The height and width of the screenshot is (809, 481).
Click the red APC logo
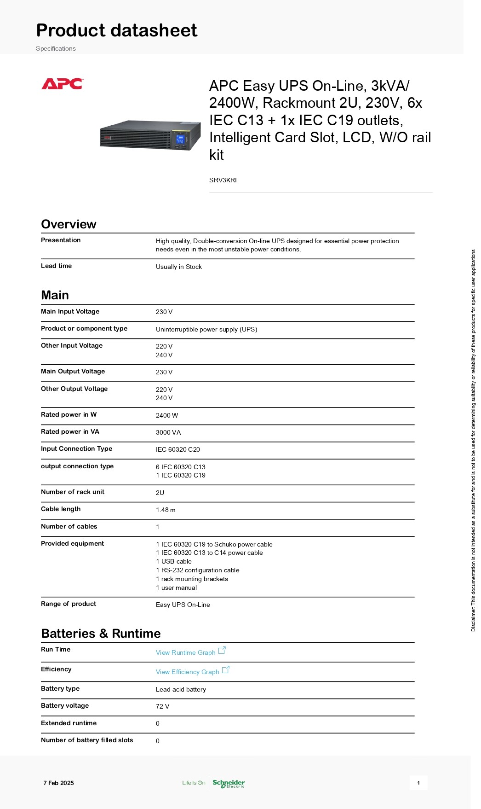pos(62,84)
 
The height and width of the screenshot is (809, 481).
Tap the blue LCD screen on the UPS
pos(180,140)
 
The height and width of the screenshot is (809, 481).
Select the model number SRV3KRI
pos(223,180)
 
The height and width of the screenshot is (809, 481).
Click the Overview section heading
pos(69,224)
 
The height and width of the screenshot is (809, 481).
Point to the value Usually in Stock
pos(179,267)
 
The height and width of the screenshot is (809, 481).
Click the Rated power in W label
pos(69,414)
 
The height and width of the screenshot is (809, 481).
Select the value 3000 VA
pos(168,432)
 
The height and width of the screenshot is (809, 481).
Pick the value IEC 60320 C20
pos(178,449)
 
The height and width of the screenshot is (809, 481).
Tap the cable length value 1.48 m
pos(166,510)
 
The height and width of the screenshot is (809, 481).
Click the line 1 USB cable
pos(174,561)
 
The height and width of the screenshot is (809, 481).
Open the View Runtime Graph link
pos(186,652)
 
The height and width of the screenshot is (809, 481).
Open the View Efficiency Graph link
pos(188,672)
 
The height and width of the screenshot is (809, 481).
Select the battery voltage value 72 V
pos(162,706)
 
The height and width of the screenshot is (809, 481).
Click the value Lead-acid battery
pos(181,689)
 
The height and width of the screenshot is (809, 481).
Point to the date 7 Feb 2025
pos(58,783)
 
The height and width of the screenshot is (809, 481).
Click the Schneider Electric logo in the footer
pos(229,783)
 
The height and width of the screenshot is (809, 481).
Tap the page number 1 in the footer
pos(418,783)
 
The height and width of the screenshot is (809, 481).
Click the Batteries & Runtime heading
pos(101,634)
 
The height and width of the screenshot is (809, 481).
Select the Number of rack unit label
pos(73,492)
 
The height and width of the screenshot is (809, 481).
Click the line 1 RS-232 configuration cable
pos(198,570)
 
